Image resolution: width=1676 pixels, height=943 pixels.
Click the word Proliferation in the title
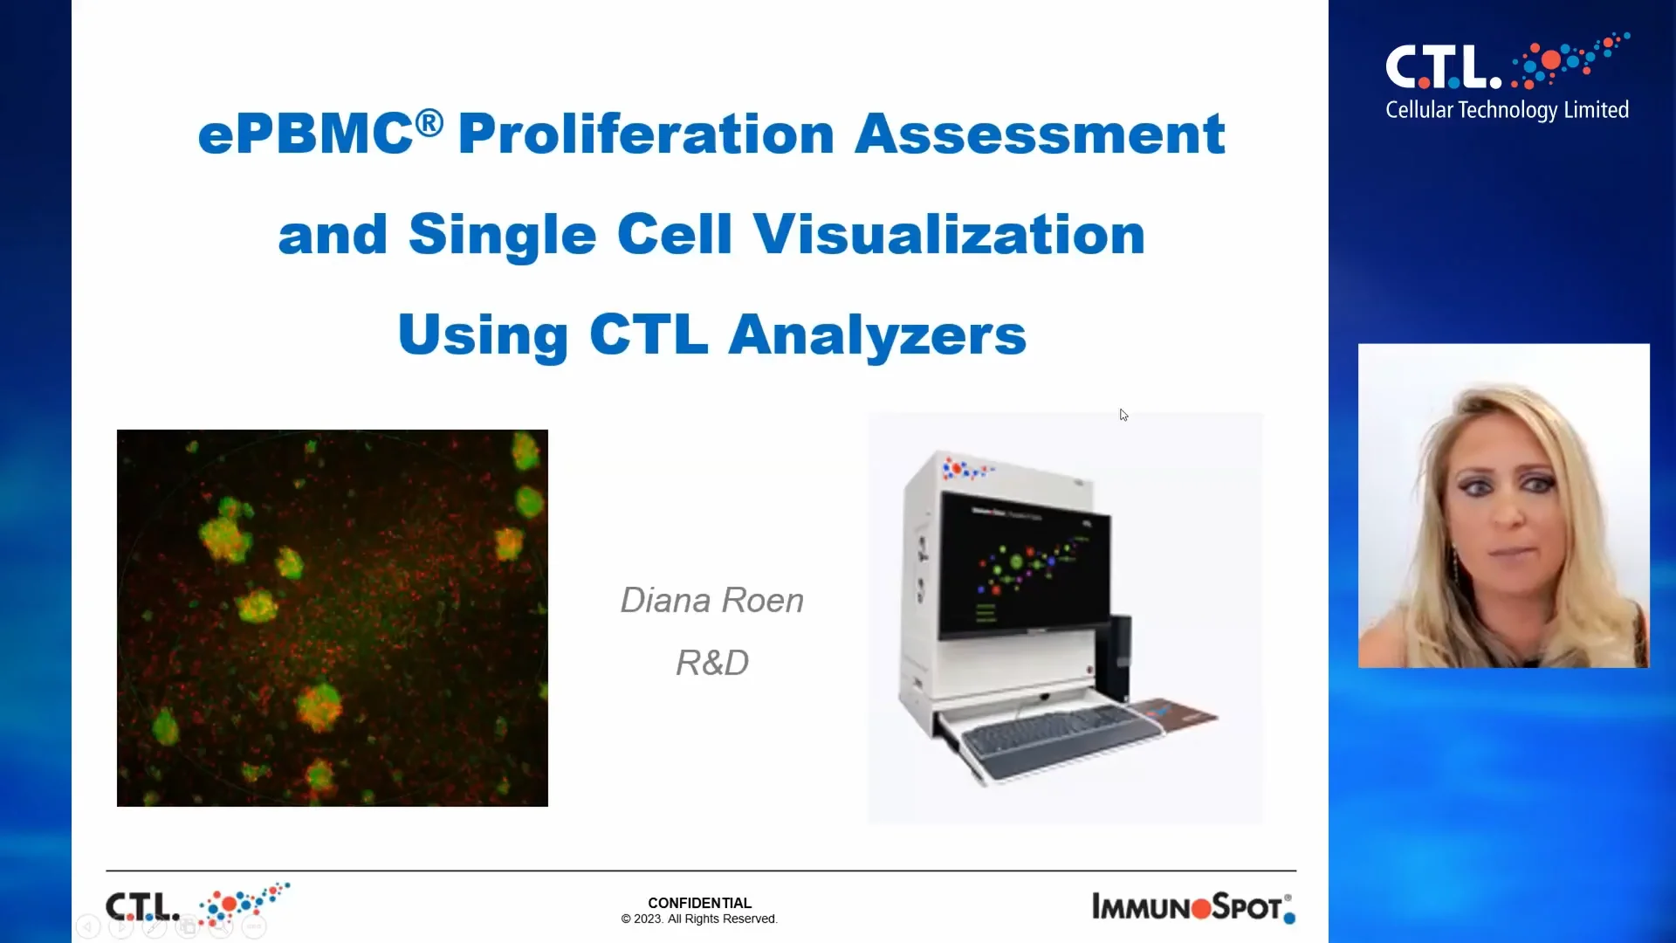(x=646, y=134)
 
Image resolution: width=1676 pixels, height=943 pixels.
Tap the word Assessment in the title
(x=1039, y=134)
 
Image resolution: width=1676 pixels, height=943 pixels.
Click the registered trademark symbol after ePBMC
(x=429, y=122)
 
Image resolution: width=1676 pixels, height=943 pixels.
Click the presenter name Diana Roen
(x=711, y=601)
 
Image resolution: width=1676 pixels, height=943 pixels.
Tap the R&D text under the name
(x=711, y=663)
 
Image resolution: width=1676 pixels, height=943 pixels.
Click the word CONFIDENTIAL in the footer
(x=699, y=903)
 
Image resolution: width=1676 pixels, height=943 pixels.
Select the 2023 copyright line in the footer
(x=699, y=919)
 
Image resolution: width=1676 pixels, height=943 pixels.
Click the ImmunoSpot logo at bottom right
(x=1192, y=908)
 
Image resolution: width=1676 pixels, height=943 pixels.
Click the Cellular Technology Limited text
(x=1507, y=110)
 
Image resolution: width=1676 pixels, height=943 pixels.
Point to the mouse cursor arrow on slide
(x=1123, y=415)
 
